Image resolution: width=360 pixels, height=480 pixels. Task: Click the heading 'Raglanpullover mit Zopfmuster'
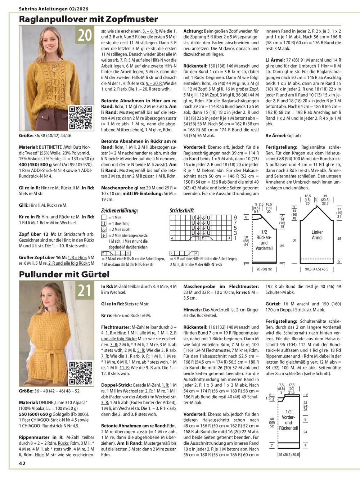click(88, 19)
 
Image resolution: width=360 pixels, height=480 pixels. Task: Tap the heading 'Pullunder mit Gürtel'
click(64, 274)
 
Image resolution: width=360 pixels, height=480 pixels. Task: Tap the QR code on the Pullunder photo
click(81, 372)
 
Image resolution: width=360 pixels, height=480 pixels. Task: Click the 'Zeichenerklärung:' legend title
click(120, 211)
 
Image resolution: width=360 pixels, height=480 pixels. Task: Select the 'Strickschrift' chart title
click(182, 211)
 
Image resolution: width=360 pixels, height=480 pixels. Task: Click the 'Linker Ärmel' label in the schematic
click(317, 235)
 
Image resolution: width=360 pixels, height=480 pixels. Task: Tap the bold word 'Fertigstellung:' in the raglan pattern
click(281, 147)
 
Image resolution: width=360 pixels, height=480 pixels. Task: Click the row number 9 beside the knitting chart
click(235, 217)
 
